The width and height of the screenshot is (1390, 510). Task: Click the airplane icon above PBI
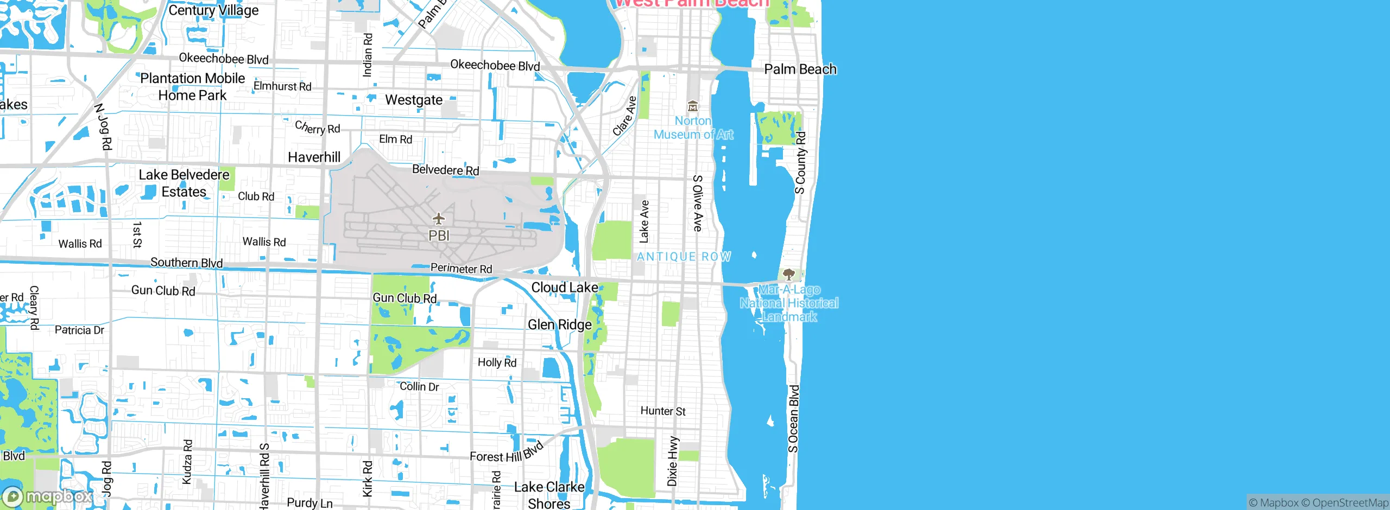click(439, 219)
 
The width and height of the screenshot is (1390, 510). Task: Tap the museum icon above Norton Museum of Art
click(692, 106)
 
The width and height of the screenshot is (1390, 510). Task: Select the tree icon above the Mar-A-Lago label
click(789, 275)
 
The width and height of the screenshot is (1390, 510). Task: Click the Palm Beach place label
click(800, 69)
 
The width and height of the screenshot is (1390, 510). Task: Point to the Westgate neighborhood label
click(414, 100)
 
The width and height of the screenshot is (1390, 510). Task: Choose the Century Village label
click(213, 10)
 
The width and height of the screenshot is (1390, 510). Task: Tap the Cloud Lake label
click(564, 288)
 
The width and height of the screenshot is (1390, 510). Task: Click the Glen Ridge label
click(559, 324)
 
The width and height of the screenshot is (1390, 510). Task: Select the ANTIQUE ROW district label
click(684, 257)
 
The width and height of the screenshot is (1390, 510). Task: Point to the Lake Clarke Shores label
click(549, 495)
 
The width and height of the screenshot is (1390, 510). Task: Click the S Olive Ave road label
click(698, 203)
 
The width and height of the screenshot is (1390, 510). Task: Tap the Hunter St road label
click(662, 411)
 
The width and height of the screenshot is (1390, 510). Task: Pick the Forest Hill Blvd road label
click(506, 452)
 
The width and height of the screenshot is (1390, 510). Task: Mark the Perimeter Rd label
click(461, 269)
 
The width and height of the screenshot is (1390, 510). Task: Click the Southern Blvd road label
click(186, 263)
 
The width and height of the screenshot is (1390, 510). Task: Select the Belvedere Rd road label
click(445, 170)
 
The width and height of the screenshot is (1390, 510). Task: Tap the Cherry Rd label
click(317, 127)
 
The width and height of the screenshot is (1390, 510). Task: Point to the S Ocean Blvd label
click(794, 418)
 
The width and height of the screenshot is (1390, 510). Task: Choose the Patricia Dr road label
click(79, 330)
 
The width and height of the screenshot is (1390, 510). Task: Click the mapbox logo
click(48, 496)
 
